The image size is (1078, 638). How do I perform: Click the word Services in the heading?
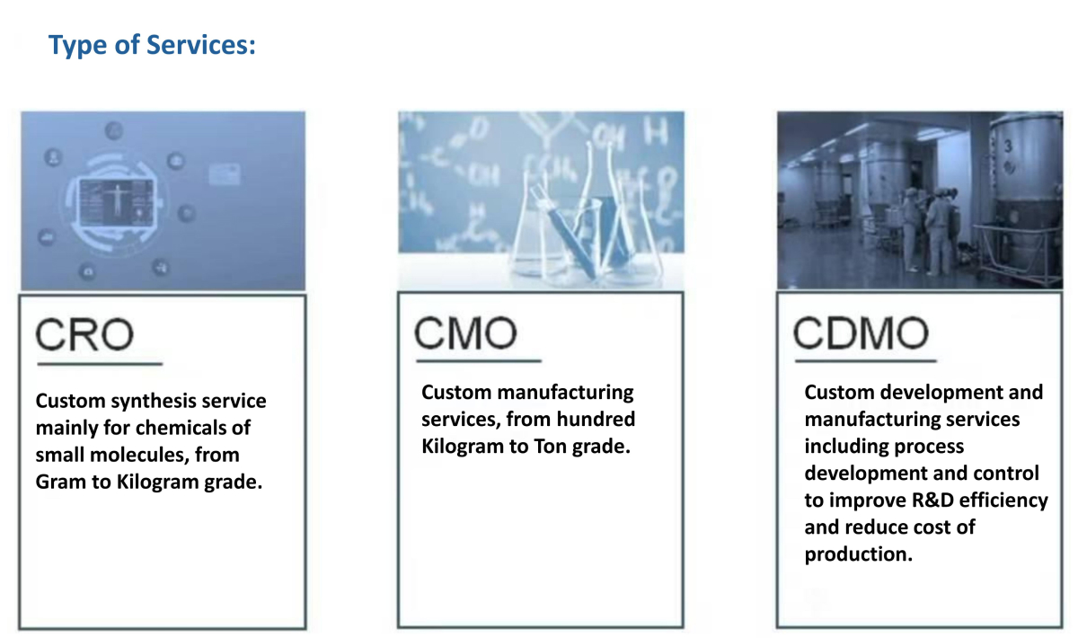pos(200,45)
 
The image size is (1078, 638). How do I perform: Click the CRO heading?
pos(84,334)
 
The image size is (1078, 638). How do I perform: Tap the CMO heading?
pos(465,332)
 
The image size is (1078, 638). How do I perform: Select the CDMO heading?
pos(861,332)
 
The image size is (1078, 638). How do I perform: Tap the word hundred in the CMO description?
pos(596,420)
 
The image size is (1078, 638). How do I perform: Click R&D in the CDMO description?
pos(932,501)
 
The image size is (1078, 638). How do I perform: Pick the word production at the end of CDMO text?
pos(858,554)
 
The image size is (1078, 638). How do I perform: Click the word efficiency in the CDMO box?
pos(1003,501)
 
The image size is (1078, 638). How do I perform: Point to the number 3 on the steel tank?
pos(1008,146)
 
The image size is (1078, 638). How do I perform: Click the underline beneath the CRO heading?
pos(100,364)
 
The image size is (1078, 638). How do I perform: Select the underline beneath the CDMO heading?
pos(865,360)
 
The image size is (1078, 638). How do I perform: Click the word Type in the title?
pos(77,46)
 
